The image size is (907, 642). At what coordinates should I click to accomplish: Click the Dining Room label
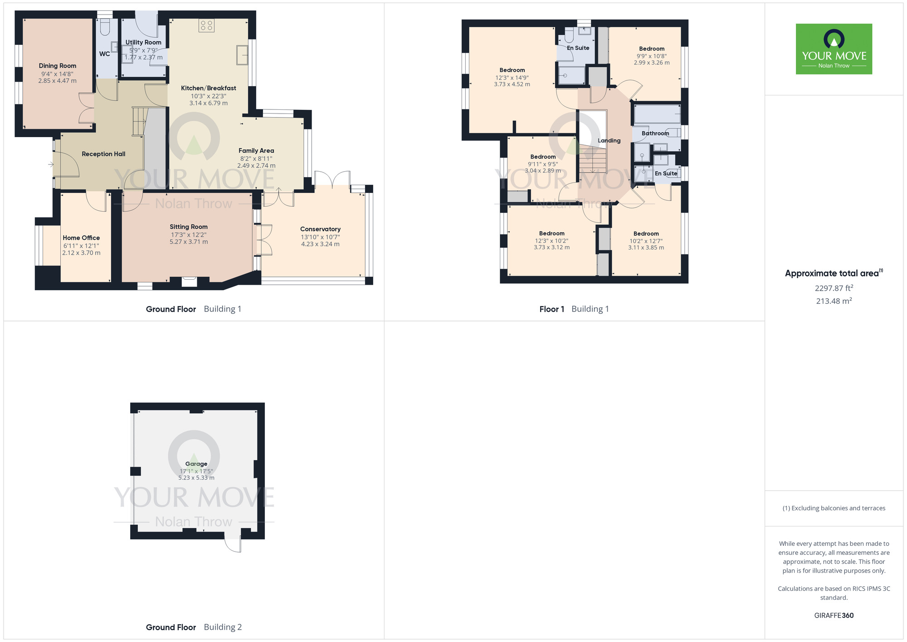point(58,66)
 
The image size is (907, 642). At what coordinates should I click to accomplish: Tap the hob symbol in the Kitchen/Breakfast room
point(206,25)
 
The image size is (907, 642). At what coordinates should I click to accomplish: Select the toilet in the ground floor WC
point(104,27)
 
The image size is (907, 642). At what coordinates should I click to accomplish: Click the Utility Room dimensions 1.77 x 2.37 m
point(144,58)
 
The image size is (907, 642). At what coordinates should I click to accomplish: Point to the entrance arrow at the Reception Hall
point(51,164)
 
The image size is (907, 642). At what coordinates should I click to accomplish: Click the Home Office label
point(81,238)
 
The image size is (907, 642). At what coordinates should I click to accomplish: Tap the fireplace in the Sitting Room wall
point(190,281)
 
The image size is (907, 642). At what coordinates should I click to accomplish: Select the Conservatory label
point(320,229)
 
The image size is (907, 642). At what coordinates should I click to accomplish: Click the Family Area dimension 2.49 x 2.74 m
point(256,166)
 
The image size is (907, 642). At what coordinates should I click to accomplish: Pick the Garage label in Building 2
point(196,464)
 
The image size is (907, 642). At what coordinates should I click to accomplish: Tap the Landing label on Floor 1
point(609,141)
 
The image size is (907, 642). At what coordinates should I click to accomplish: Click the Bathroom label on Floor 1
point(655,133)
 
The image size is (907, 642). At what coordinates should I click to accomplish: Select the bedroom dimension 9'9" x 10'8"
point(652,56)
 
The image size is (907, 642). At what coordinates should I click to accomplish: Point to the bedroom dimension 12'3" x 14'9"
point(512,77)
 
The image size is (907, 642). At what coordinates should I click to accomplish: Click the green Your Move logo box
point(834,49)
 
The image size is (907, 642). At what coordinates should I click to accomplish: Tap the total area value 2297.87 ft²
point(834,288)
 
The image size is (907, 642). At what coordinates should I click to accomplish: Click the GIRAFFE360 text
point(834,616)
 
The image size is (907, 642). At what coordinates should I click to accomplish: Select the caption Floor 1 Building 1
point(574,309)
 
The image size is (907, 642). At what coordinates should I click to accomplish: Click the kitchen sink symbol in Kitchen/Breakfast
point(242,55)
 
